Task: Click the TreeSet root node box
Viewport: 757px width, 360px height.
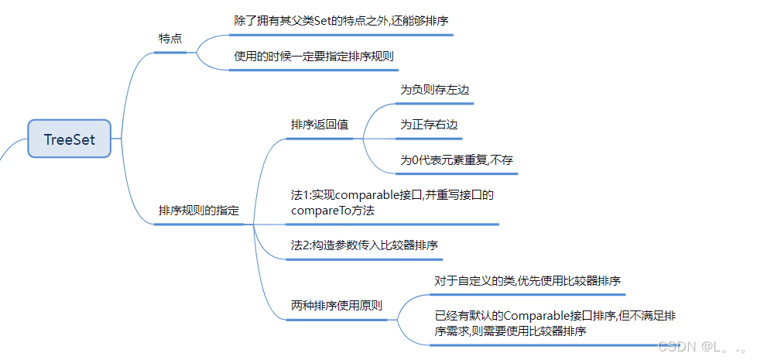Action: pos(70,139)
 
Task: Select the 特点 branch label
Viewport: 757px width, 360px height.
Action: pos(170,38)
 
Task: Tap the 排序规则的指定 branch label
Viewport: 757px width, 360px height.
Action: pos(199,211)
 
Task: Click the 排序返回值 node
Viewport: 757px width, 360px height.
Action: pos(319,125)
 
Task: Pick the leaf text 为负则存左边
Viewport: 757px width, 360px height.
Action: pos(434,90)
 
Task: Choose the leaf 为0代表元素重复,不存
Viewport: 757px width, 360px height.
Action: pos(457,160)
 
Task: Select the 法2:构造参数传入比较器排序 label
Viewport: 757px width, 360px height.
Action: pos(365,245)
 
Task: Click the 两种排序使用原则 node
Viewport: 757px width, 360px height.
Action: pos(336,305)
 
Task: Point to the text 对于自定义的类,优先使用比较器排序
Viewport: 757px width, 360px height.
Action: pos(529,280)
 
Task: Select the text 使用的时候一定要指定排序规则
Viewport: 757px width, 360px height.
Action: pos(318,57)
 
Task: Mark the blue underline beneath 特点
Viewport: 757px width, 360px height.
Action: pos(170,53)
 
